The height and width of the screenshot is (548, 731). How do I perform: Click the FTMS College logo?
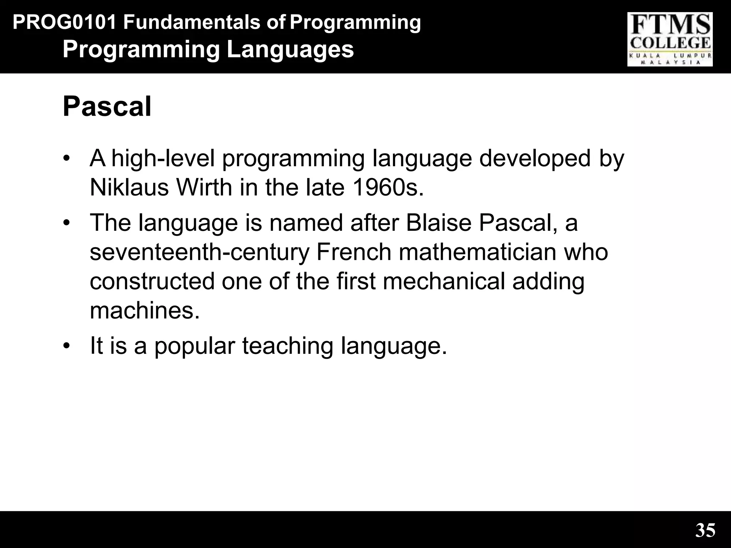pyautogui.click(x=670, y=39)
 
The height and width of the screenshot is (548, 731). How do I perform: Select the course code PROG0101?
pyautogui.click(x=65, y=23)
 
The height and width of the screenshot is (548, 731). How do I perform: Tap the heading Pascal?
pyautogui.click(x=107, y=106)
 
